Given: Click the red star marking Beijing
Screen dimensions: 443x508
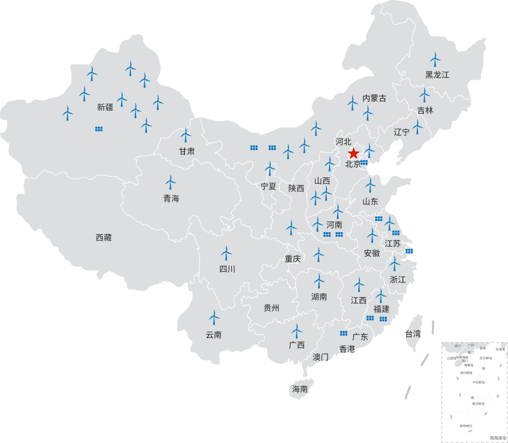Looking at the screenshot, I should (353, 153).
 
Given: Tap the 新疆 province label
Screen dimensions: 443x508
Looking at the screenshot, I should (105, 107).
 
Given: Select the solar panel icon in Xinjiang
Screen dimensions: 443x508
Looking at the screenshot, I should (99, 129).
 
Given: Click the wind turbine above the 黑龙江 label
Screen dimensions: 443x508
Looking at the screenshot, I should (435, 60).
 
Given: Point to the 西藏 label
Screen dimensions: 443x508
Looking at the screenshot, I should (103, 237).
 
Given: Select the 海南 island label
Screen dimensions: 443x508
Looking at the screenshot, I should (300, 389).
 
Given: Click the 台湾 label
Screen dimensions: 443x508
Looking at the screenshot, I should (413, 334).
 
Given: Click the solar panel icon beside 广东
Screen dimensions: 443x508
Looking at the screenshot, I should (344, 333).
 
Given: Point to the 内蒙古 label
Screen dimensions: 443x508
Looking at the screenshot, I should (374, 98).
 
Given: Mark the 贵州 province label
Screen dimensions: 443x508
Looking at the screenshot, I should (272, 308).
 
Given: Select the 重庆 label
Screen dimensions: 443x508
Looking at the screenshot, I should (293, 259).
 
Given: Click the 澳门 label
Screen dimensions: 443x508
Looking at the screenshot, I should (320, 356).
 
